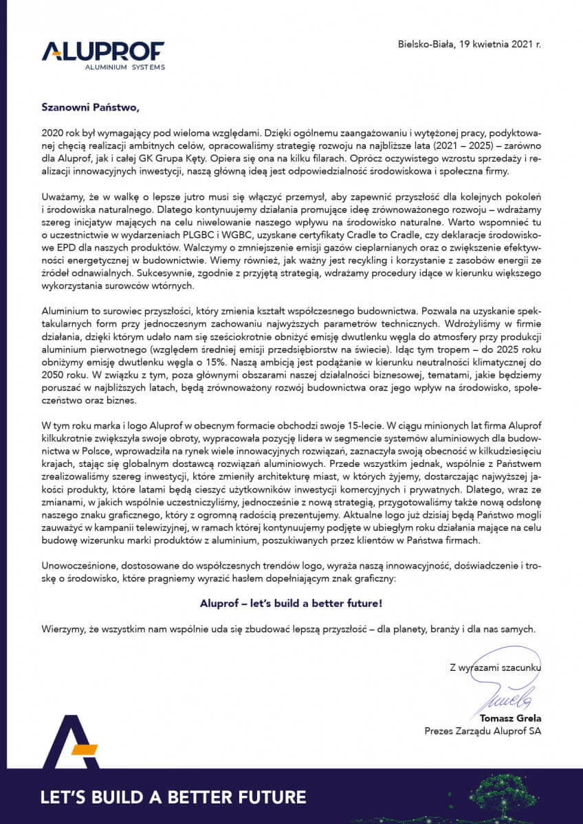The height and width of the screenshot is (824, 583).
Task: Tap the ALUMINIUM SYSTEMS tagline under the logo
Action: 124,67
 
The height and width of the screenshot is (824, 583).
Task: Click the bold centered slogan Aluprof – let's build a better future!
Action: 291,604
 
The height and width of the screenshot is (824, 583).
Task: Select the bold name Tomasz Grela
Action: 512,719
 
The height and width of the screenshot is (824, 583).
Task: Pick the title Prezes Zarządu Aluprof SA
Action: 483,731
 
